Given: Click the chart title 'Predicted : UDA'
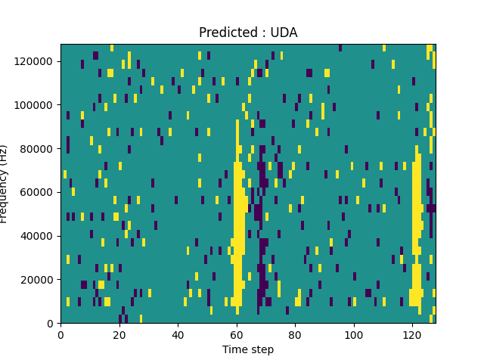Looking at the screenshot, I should [248, 33].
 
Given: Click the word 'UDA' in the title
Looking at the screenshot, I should [284, 33].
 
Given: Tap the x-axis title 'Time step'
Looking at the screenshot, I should [248, 349].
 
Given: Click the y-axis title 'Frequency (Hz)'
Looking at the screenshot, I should [5, 184].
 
